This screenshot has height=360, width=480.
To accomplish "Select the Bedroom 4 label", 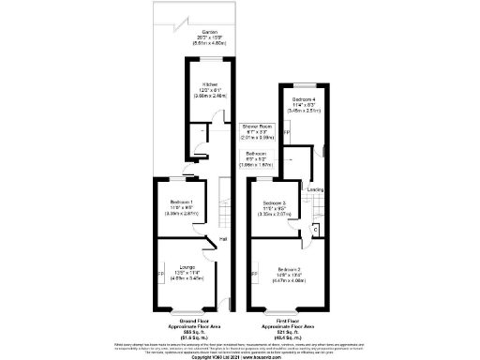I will tap(302, 98).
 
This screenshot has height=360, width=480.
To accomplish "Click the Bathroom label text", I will tap(256, 153).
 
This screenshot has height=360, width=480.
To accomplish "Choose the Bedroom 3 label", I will tap(274, 203).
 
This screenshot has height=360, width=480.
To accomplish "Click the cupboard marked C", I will tap(314, 228).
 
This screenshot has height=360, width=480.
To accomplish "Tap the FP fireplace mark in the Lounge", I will tap(158, 274).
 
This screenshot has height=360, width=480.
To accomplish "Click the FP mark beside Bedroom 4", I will tap(286, 131).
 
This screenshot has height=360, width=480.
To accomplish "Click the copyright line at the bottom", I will tap(239, 356).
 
